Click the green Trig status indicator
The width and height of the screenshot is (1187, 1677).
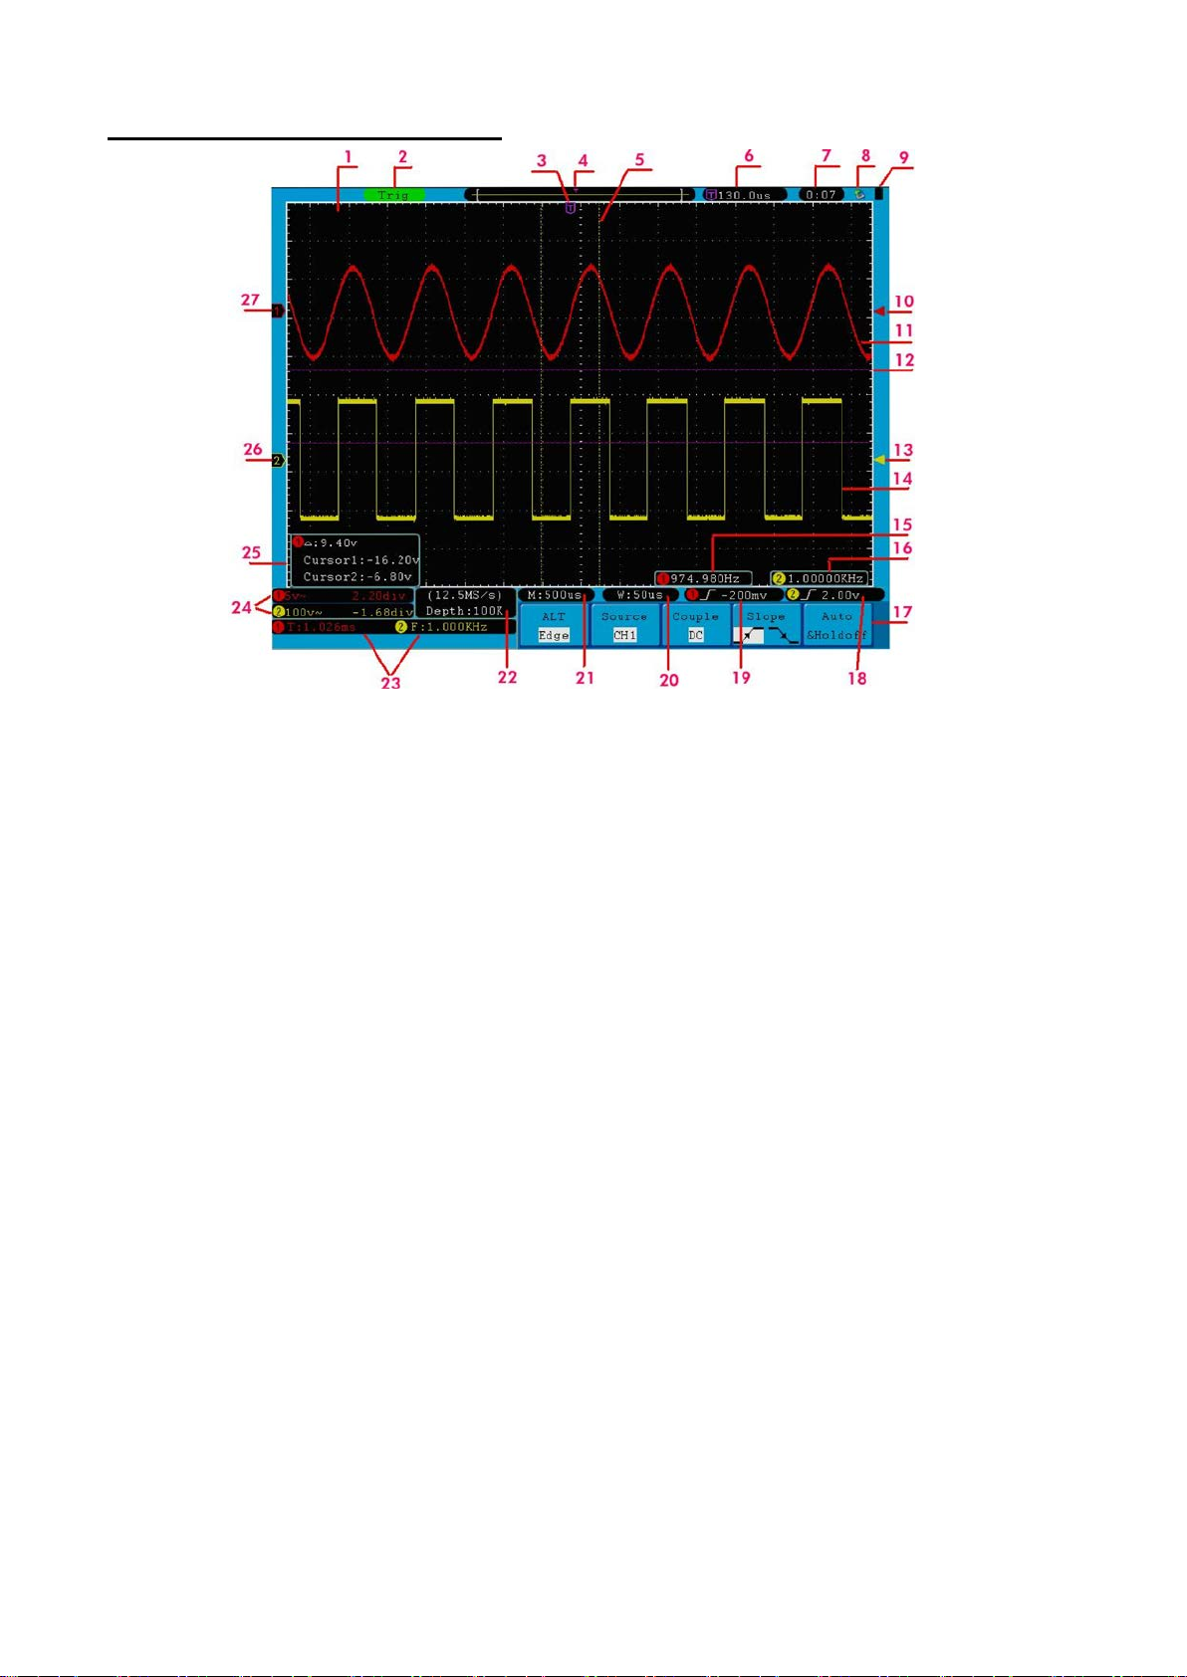394,195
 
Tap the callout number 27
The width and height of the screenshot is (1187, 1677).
249,300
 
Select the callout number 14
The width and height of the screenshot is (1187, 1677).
902,479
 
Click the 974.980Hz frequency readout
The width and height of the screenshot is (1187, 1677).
703,578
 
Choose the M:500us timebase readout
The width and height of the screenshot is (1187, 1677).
555,595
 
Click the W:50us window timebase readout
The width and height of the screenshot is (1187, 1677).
639,595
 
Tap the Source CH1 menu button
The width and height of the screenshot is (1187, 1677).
624,626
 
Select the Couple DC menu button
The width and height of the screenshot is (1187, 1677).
695,626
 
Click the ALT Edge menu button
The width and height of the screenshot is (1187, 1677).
554,626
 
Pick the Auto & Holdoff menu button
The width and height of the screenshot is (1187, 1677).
836,626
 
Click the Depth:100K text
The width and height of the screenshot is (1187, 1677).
465,611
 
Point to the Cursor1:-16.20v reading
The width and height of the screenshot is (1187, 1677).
360,560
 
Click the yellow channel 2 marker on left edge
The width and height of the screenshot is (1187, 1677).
278,461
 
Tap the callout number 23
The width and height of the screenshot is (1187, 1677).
391,683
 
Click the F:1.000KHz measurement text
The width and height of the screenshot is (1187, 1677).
442,628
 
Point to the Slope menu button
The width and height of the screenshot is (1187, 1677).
766,626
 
